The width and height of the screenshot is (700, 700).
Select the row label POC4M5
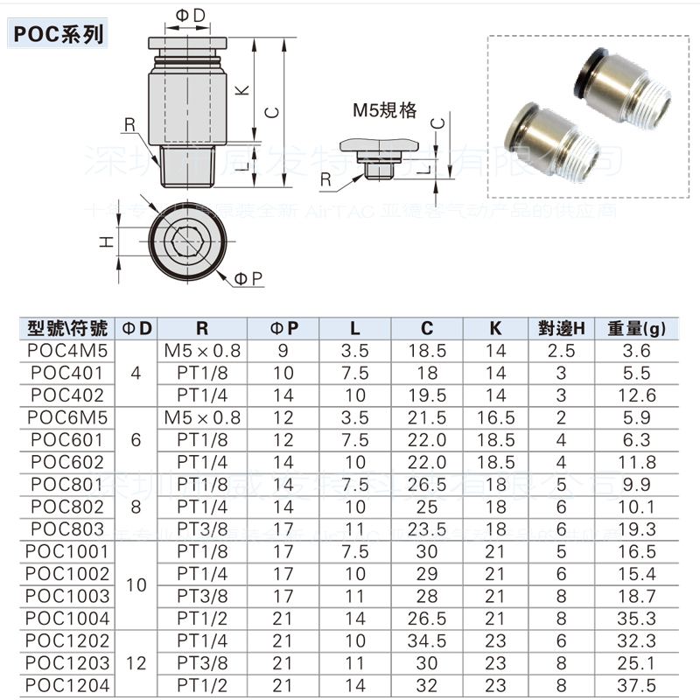68,351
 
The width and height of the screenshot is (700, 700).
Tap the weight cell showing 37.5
636,686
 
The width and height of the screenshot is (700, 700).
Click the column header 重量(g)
636,328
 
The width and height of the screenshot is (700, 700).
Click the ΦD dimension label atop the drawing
190,15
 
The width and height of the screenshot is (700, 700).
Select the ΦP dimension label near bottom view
248,278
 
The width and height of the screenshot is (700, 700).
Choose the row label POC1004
68,619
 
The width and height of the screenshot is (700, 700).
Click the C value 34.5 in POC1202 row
426,641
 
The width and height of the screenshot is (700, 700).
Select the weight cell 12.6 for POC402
636,395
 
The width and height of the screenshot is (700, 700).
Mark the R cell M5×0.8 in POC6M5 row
202,417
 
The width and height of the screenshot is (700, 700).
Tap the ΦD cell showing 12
136,663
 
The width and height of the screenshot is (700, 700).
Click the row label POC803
68,529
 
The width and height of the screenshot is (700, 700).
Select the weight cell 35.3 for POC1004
636,619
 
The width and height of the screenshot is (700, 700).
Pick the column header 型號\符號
68,328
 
